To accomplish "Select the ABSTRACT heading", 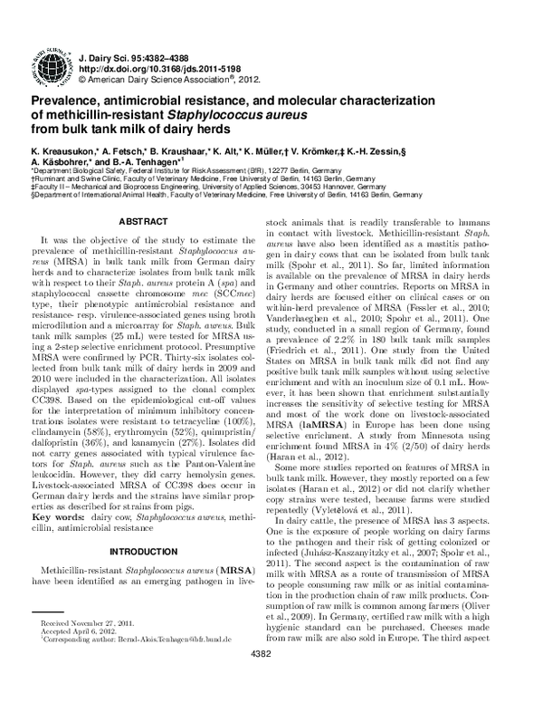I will pyautogui.click(x=144, y=220).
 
